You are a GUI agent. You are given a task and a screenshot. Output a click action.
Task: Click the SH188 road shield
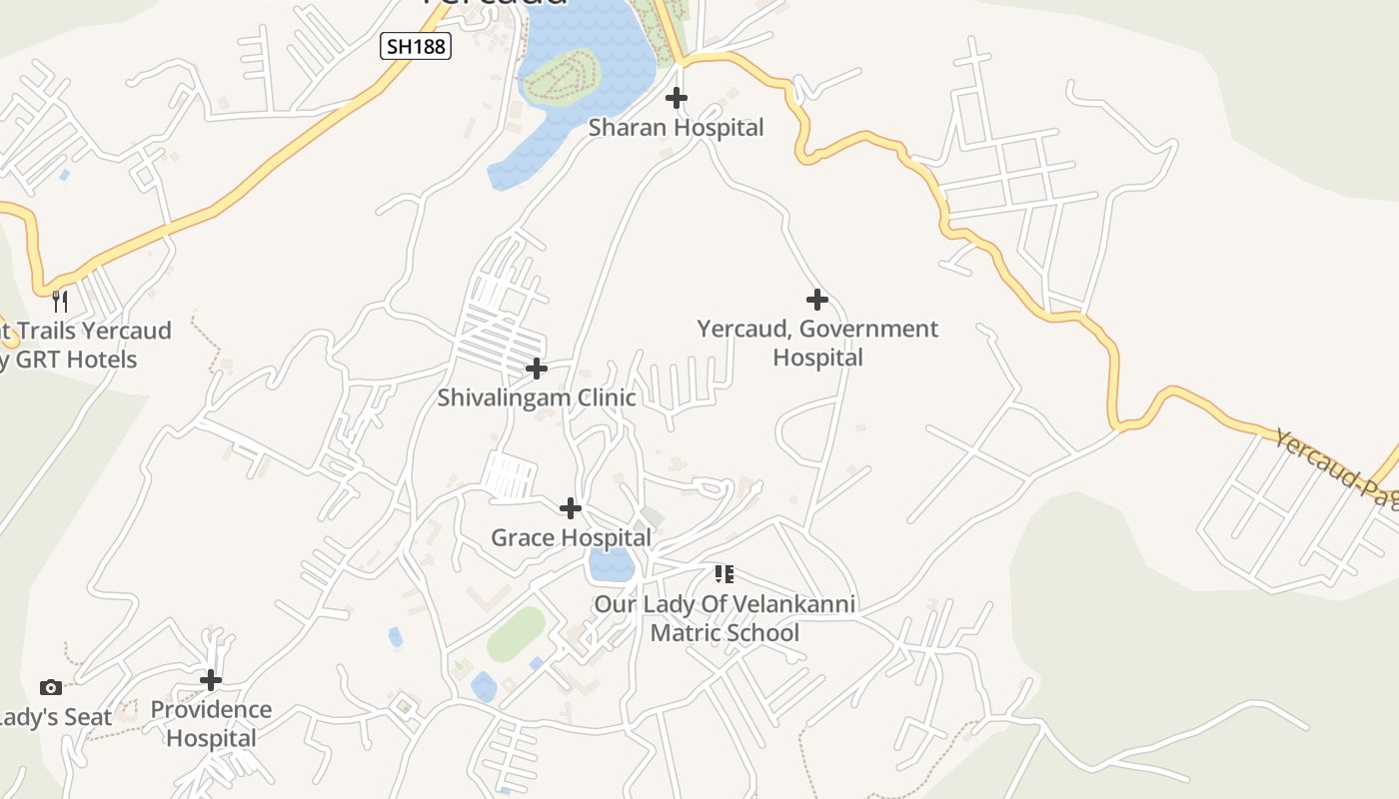tap(416, 46)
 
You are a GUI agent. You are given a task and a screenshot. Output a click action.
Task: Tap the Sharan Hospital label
tap(676, 128)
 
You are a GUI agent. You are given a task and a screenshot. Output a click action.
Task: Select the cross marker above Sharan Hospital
tap(677, 98)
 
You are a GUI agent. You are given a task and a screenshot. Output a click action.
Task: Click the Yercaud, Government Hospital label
tap(817, 343)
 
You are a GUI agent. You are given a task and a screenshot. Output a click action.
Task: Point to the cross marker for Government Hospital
tap(817, 299)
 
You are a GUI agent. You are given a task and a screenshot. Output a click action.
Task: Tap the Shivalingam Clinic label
tap(537, 398)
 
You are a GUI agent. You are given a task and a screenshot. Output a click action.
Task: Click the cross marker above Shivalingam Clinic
tap(537, 369)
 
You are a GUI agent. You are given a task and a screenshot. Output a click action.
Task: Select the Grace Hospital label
tap(571, 538)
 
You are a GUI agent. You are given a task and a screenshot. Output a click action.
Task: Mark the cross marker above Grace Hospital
tap(571, 508)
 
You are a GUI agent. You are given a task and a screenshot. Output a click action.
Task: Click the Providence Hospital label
tap(211, 724)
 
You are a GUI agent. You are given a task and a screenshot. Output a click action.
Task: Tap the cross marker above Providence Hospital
tap(211, 680)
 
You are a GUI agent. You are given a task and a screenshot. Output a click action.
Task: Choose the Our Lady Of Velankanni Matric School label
tap(724, 618)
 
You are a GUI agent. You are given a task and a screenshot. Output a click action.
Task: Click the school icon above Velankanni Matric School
tap(724, 573)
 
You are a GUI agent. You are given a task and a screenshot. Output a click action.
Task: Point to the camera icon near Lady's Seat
tap(50, 687)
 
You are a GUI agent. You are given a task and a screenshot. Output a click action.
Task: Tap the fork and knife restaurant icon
tap(60, 300)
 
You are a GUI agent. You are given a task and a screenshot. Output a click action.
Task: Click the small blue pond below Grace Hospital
tap(611, 564)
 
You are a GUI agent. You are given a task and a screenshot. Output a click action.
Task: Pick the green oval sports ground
tap(517, 633)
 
